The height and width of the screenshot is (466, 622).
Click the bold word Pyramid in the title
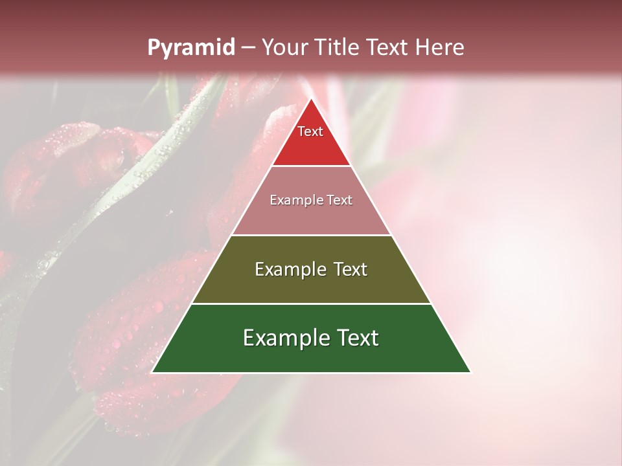[190, 48]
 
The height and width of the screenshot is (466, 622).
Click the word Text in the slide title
[387, 47]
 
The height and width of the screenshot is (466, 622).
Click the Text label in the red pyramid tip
[310, 131]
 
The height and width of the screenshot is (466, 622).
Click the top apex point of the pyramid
[311, 99]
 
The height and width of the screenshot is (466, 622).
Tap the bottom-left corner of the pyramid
[152, 372]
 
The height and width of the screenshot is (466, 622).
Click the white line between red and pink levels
[311, 166]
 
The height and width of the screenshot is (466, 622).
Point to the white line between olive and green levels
[311, 304]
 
